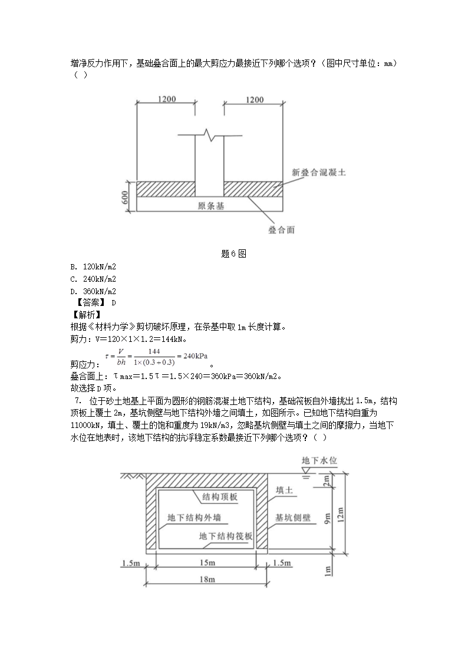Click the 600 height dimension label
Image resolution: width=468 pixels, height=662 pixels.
tap(126, 197)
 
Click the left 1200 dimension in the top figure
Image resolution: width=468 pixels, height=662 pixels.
tap(167, 100)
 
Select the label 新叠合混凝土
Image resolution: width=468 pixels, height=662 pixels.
tap(319, 173)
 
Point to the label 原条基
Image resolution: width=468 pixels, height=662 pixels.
tap(211, 206)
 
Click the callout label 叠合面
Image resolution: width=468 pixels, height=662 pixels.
tap(282, 230)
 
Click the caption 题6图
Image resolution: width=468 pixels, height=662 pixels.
tap(233, 253)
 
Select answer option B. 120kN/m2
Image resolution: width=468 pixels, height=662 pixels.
tap(93, 266)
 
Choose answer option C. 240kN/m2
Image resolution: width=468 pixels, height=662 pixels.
tap(93, 279)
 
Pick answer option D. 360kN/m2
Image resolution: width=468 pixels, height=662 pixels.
tap(93, 291)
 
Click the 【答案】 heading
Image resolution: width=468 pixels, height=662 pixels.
tap(88, 303)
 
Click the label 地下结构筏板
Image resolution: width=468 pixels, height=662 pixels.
tap(226, 536)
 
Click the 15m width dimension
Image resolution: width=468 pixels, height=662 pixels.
tap(206, 564)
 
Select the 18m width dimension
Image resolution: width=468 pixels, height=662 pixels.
tap(206, 579)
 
